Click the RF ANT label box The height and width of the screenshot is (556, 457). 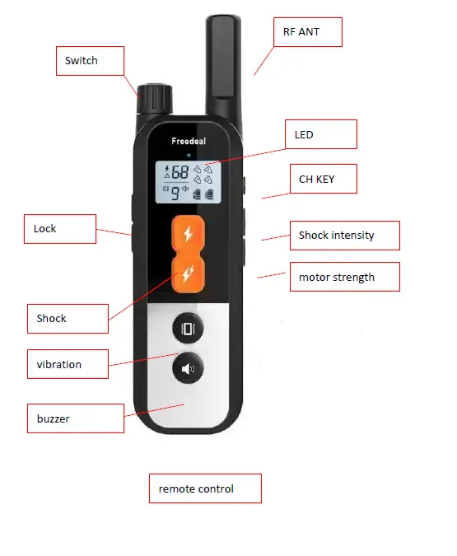coord(306,32)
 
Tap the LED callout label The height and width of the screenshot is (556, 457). coord(320,134)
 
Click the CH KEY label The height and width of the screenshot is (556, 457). coord(323,179)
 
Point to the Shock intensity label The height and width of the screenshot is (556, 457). coord(344,235)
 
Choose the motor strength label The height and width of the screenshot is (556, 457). coord(344,277)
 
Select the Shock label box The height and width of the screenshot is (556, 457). coord(67,318)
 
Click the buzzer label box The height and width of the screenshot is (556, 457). coord(75,418)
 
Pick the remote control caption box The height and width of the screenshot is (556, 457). coord(204,488)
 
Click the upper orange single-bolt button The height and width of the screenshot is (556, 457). coord(189,234)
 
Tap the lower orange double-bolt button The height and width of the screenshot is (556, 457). coord(189,273)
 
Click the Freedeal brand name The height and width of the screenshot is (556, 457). coord(189,141)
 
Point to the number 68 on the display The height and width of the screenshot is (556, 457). coord(180,173)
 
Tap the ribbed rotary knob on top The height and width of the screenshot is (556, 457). coord(153,100)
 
